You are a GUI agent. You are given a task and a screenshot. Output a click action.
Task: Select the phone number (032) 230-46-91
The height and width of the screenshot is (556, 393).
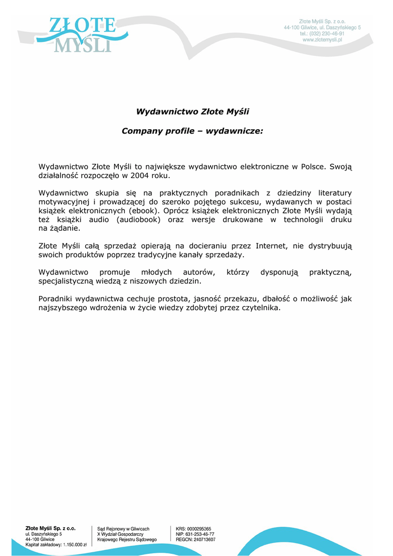(327, 33)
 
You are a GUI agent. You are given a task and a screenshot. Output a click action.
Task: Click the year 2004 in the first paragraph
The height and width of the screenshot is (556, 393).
(140, 175)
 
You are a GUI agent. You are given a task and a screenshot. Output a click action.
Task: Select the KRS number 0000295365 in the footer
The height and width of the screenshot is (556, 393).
(199, 528)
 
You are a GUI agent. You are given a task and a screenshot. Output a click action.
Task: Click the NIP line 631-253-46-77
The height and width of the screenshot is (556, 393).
(195, 534)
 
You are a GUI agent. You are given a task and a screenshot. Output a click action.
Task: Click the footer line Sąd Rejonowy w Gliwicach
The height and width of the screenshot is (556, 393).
(123, 528)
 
